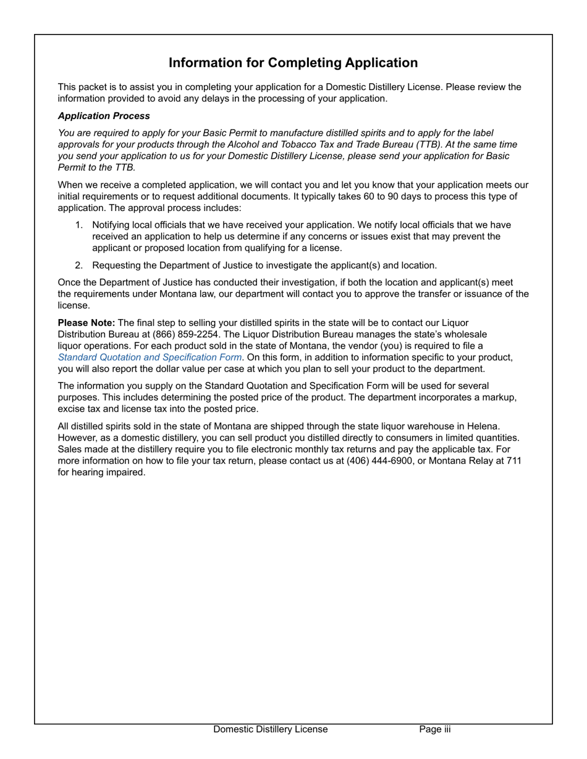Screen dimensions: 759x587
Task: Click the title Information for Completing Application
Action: pyautogui.click(x=293, y=63)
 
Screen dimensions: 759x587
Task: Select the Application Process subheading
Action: pyautogui.click(x=104, y=116)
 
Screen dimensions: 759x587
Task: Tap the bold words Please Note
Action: pyautogui.click(x=86, y=323)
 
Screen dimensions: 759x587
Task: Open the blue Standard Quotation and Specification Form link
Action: pyautogui.click(x=150, y=357)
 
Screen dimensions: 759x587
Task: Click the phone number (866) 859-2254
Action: pyautogui.click(x=186, y=334)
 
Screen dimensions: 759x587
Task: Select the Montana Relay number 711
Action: pyautogui.click(x=513, y=461)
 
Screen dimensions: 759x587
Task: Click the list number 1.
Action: pyautogui.click(x=78, y=225)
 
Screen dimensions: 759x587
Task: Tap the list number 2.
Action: pyautogui.click(x=78, y=265)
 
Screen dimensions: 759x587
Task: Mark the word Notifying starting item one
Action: pyautogui.click(x=112, y=225)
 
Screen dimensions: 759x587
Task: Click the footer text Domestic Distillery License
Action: pyautogui.click(x=271, y=729)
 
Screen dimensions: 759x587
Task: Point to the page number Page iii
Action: pyautogui.click(x=434, y=729)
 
